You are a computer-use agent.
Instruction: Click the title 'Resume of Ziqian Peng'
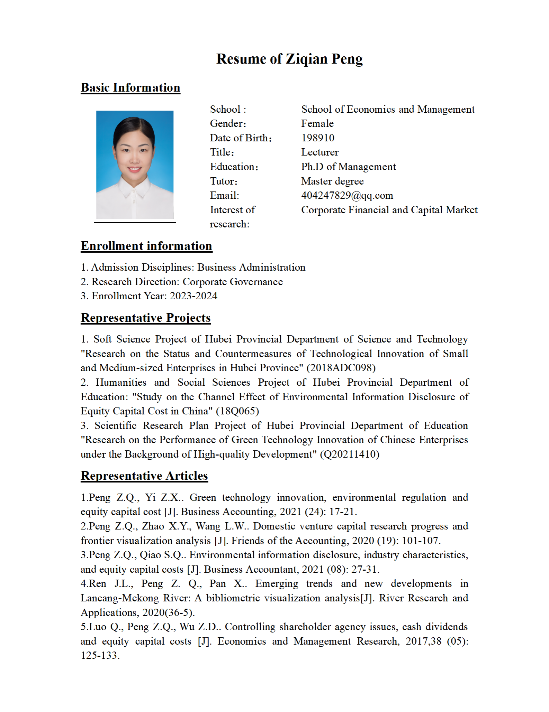[289, 59]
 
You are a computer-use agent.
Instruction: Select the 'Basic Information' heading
[130, 88]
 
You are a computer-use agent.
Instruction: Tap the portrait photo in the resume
[135, 165]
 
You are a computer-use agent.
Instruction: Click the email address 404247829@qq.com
[347, 196]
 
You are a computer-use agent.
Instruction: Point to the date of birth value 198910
[317, 138]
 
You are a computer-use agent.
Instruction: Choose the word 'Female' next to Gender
[317, 123]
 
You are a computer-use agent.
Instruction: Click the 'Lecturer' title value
[319, 152]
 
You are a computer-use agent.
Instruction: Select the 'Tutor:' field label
[224, 181]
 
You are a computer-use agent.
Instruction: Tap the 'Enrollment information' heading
[146, 246]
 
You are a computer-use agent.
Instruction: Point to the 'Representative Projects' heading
[146, 318]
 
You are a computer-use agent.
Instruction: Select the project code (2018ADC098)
[341, 368]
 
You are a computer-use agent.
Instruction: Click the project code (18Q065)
[237, 411]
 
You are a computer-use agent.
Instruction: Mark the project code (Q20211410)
[350, 454]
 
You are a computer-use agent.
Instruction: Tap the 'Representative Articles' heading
[144, 476]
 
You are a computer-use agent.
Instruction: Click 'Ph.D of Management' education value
[348, 167]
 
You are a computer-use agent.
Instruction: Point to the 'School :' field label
[228, 109]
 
